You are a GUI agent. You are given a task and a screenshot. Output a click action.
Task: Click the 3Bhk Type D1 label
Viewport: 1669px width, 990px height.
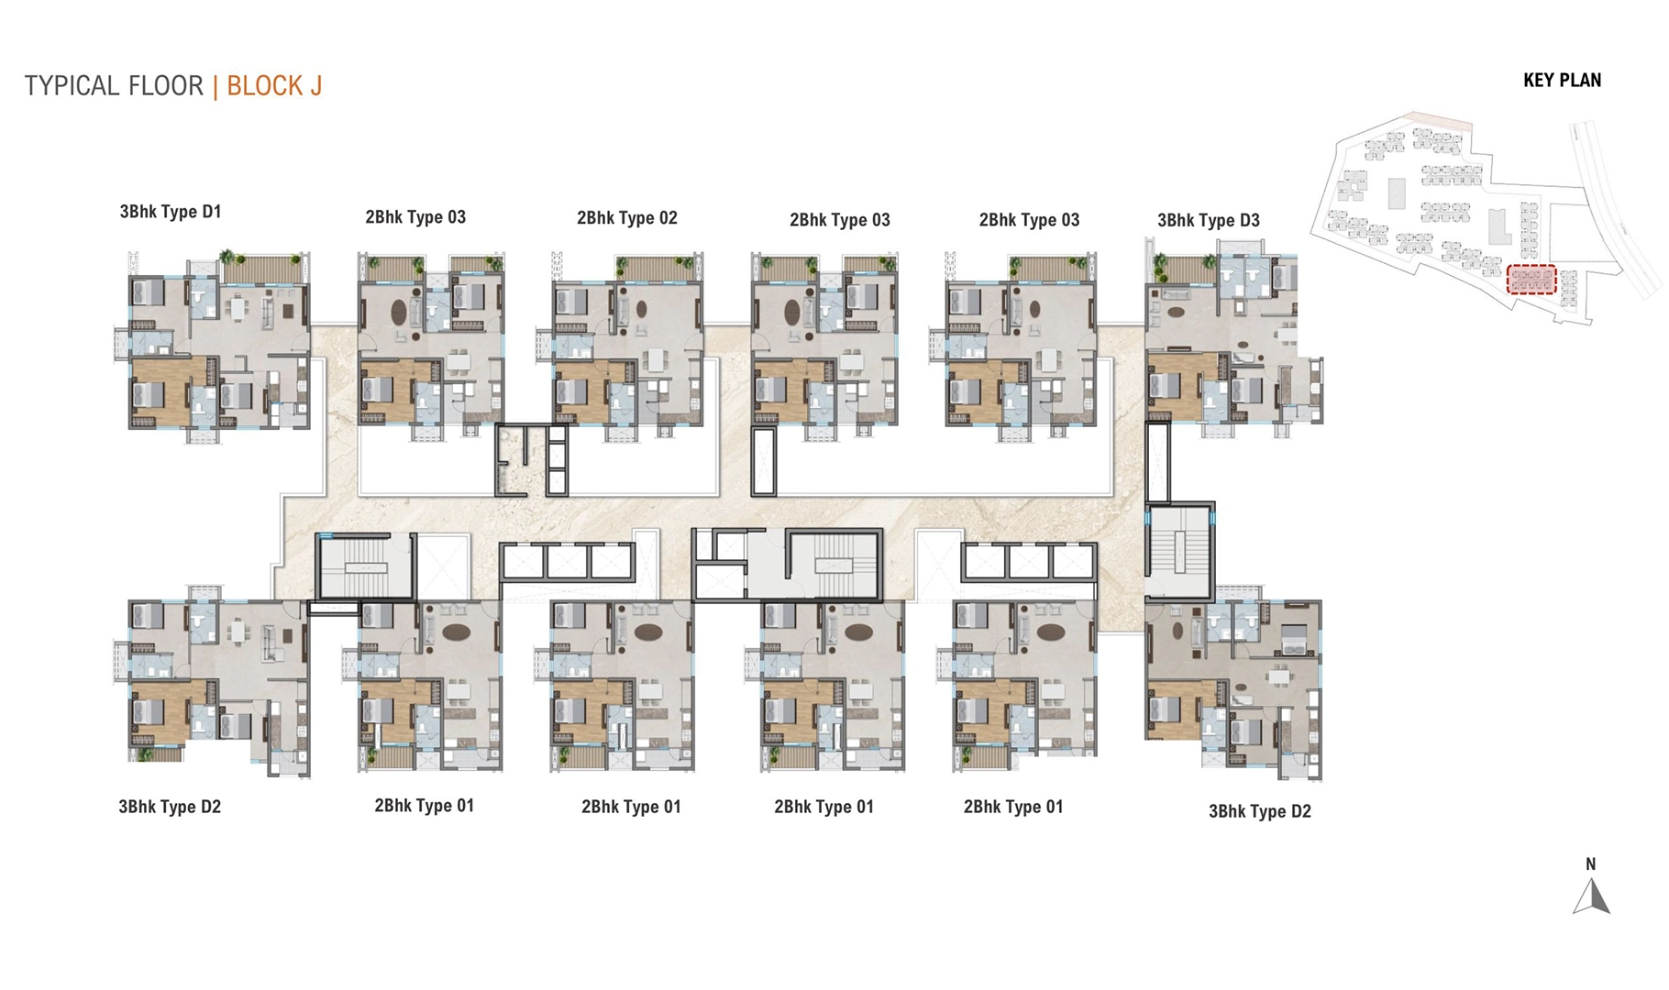coord(170,212)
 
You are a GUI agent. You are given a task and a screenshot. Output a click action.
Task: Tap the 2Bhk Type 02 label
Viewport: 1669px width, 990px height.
coord(626,218)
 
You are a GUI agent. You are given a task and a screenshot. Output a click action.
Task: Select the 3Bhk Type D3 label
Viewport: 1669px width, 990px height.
coord(1208,220)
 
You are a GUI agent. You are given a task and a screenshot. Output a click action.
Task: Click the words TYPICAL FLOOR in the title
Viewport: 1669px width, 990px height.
coord(114,86)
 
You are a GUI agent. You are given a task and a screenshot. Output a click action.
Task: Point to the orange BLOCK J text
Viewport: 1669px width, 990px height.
coord(274,86)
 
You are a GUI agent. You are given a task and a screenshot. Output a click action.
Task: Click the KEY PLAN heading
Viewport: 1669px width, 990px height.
coord(1562,81)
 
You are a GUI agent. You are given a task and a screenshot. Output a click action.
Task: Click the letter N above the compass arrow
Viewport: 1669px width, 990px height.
coord(1591,864)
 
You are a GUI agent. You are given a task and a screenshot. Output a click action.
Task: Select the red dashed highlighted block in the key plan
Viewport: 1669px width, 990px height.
coord(1531,280)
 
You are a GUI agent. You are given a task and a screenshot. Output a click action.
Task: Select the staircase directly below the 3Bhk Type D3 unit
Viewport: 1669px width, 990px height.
coord(1179,549)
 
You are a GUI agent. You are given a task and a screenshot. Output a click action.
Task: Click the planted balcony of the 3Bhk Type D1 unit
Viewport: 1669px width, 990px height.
coord(263,269)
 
